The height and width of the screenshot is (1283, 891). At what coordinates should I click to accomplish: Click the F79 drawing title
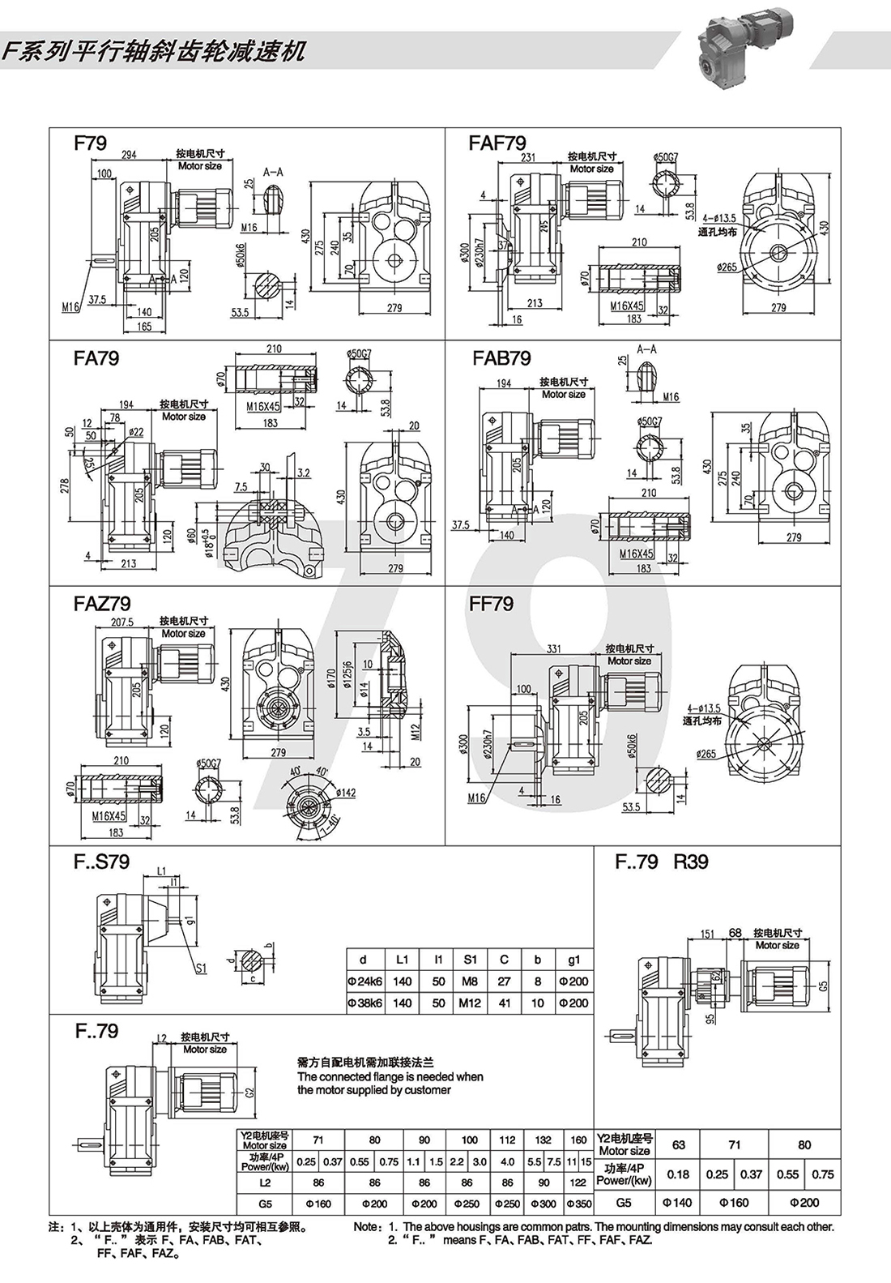click(x=90, y=143)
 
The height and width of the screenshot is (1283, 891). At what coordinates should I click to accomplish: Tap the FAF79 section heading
click(x=497, y=143)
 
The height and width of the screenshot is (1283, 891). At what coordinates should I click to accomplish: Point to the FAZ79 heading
click(x=101, y=604)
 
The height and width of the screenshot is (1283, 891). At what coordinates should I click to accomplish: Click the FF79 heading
click(x=491, y=604)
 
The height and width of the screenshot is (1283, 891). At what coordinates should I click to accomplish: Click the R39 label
click(x=691, y=861)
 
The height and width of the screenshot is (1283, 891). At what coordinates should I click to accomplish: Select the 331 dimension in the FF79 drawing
click(x=554, y=648)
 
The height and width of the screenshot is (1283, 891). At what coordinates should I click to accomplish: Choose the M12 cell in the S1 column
click(x=470, y=1003)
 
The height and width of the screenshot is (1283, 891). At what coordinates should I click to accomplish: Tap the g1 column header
click(x=573, y=960)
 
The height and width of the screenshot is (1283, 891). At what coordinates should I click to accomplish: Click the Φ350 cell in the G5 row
click(x=578, y=1204)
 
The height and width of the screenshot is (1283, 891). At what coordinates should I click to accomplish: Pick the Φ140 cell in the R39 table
click(x=679, y=1203)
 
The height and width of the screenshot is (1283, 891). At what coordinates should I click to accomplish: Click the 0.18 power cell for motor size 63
click(x=679, y=1174)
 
